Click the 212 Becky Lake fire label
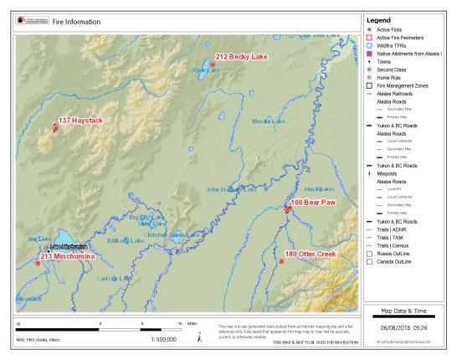(x=243, y=57)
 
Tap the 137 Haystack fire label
(x=80, y=121)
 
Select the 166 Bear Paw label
(x=313, y=203)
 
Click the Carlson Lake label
(x=113, y=278)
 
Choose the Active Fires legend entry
(x=395, y=30)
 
